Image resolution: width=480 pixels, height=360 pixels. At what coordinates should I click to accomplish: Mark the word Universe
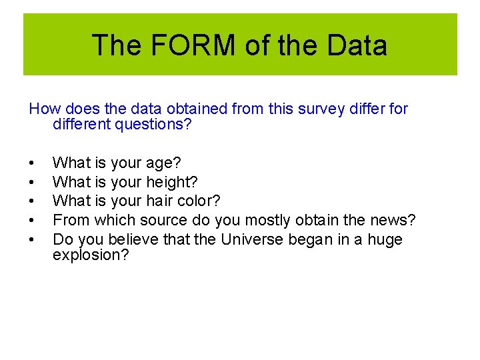click(255, 239)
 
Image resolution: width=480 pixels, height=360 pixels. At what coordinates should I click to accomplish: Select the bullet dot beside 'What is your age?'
click(31, 163)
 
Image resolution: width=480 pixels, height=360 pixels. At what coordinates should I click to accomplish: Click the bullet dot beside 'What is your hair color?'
click(31, 201)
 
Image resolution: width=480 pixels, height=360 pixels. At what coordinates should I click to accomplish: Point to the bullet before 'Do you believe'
click(31, 239)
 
